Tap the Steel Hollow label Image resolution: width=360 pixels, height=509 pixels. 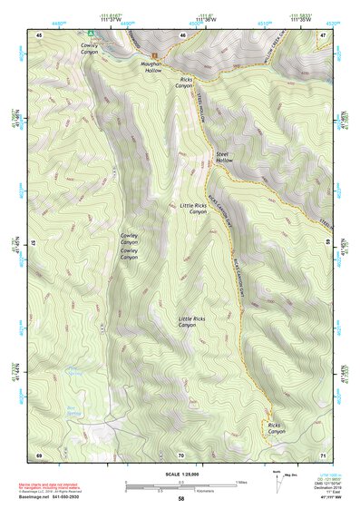coord(224,158)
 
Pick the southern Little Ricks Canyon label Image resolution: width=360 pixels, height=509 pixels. coord(198,322)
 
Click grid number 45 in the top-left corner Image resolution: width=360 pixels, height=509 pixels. coord(40,35)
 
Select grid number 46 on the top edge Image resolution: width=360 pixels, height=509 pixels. coord(182,35)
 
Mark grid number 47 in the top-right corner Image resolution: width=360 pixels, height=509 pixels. coord(323,35)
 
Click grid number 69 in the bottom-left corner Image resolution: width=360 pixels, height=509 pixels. coord(40,454)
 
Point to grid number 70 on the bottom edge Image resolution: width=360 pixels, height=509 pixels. coord(181,454)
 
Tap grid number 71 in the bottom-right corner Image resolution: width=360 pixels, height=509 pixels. coord(323,454)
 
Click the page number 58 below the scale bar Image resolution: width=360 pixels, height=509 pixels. coord(181,498)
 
